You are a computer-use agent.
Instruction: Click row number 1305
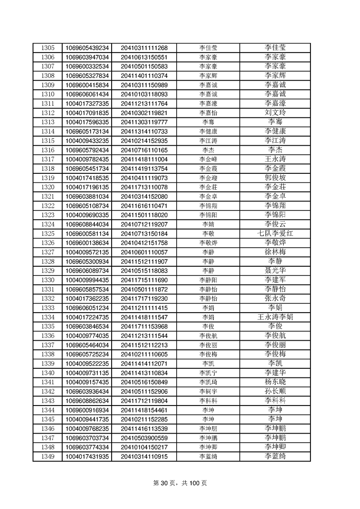coord(48,48)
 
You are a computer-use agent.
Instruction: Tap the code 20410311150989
coord(144,85)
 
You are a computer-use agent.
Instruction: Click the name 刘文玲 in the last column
coord(275,113)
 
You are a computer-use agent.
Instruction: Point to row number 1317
coord(48,159)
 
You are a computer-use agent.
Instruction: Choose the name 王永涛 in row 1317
coord(275,159)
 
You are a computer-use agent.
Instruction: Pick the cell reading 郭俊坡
coord(275,178)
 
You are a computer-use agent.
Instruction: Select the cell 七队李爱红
coord(275,234)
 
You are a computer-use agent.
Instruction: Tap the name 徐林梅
coord(275,252)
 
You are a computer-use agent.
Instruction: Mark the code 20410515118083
coord(144,271)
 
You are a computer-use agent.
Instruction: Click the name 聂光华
coord(275,271)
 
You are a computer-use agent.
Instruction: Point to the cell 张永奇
coord(275,299)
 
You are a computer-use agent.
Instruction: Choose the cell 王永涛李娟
coord(275,317)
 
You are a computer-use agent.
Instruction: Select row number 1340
coord(48,373)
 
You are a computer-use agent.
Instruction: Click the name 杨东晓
coord(275,382)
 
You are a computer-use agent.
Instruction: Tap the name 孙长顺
coord(275,392)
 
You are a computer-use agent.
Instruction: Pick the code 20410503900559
coord(144,438)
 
